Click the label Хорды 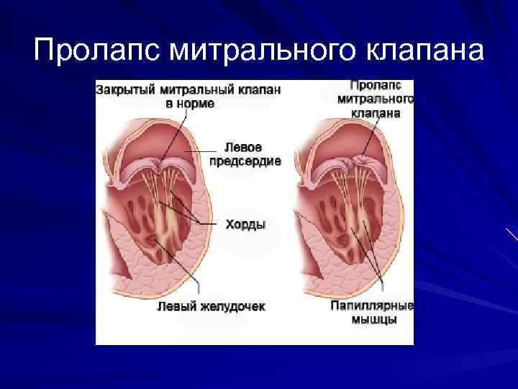click(245, 225)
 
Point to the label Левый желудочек click(211, 306)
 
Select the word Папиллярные click(372, 306)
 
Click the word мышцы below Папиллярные click(373, 320)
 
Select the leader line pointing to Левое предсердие click(200, 151)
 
